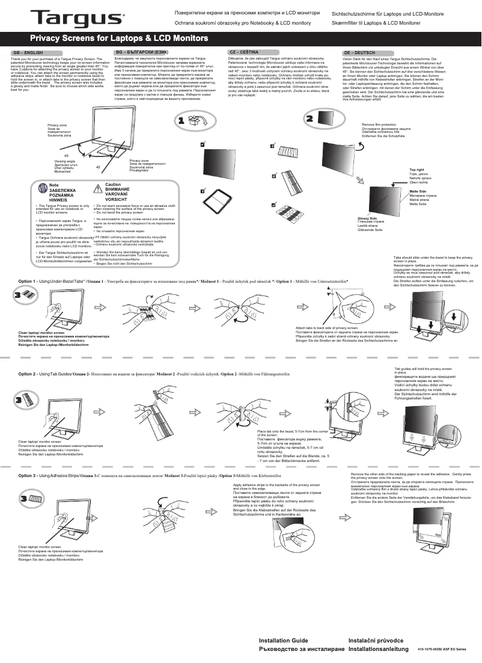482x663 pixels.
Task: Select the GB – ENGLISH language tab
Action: [29, 53]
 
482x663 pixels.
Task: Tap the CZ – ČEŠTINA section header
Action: [244, 52]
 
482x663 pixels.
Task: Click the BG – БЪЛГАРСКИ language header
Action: [142, 53]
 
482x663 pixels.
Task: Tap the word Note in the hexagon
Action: [54, 185]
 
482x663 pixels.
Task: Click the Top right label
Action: [416, 170]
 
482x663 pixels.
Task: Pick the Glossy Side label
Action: [367, 218]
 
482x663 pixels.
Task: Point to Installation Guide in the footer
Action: [283, 641]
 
